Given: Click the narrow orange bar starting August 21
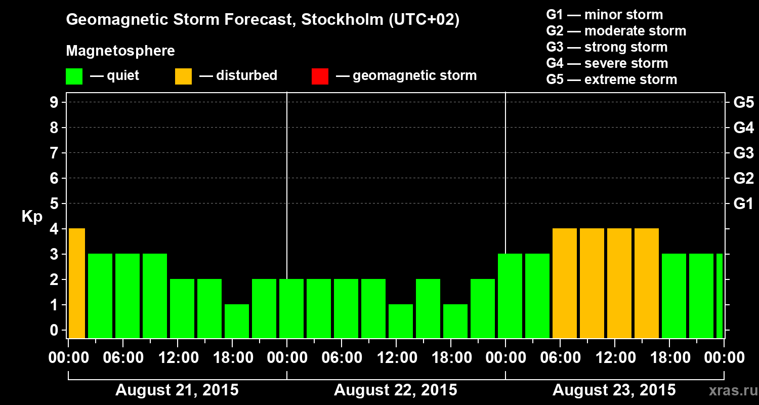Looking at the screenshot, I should pyautogui.click(x=76, y=283).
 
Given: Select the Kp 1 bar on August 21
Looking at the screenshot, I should pyautogui.click(x=237, y=321).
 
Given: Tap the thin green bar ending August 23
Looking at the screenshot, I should pyautogui.click(x=720, y=296).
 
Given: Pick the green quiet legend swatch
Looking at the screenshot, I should pyautogui.click(x=74, y=76).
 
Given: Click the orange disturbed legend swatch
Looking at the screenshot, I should pyautogui.click(x=183, y=76).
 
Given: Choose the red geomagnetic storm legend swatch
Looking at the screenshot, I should pyautogui.click(x=320, y=76).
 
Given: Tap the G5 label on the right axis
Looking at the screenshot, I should pyautogui.click(x=743, y=102).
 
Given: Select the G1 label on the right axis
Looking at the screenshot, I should pyautogui.click(x=743, y=204).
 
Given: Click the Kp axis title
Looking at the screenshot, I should pyautogui.click(x=32, y=217).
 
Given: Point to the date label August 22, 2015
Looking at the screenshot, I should pyautogui.click(x=395, y=390).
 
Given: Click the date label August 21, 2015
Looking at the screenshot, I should pyautogui.click(x=177, y=390).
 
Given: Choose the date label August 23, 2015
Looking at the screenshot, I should pyautogui.click(x=614, y=390).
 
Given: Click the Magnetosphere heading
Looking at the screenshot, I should pyautogui.click(x=120, y=51).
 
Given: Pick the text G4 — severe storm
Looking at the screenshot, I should pyautogui.click(x=607, y=63).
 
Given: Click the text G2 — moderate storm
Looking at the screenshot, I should pyautogui.click(x=616, y=31).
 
